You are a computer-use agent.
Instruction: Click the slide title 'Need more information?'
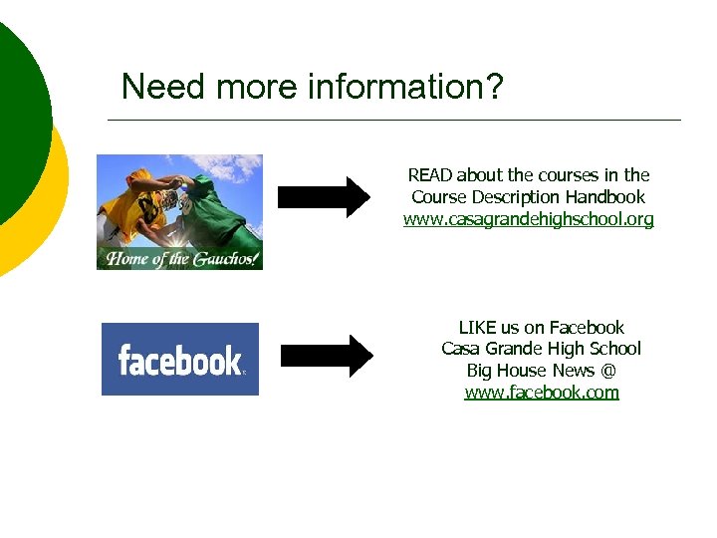click(x=312, y=88)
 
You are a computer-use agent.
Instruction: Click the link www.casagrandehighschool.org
click(x=528, y=219)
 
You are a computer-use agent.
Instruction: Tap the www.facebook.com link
click(x=542, y=393)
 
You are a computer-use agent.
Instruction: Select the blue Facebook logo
click(x=180, y=359)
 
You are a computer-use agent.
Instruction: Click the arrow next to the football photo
click(x=323, y=196)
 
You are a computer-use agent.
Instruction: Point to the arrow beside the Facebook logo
click(x=327, y=356)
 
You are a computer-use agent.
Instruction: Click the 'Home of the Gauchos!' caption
click(x=179, y=259)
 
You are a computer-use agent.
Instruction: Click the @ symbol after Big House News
click(x=607, y=371)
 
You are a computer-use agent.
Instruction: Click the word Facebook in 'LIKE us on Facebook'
click(x=587, y=328)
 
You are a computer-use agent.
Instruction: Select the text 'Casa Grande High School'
click(x=542, y=349)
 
